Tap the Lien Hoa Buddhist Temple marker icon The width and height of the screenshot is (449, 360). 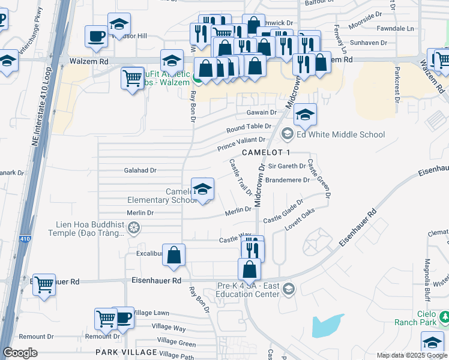point(134,227)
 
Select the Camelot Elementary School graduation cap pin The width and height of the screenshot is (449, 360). point(202,189)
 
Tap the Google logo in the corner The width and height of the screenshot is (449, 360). point(20,353)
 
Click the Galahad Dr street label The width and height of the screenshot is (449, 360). point(140,170)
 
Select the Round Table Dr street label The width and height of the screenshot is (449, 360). point(249,127)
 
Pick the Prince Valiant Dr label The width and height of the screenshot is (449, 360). point(241,143)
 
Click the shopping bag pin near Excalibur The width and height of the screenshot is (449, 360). point(173,255)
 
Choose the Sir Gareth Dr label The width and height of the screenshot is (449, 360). point(287,166)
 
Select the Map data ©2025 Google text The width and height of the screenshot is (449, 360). point(412,355)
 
